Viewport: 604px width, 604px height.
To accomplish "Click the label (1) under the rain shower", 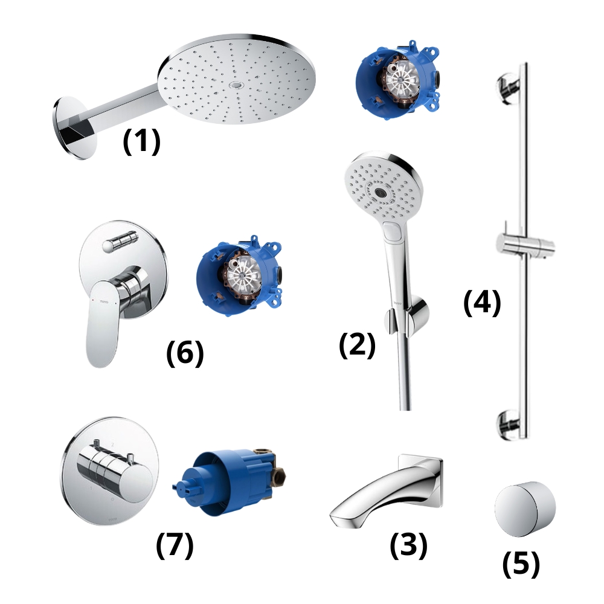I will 141,142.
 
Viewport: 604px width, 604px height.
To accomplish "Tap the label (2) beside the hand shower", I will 357,345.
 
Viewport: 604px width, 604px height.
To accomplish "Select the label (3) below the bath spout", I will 408,545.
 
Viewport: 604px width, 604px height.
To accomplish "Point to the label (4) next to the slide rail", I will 482,303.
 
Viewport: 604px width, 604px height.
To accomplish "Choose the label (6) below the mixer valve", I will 185,353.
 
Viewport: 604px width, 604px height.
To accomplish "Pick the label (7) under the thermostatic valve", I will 175,545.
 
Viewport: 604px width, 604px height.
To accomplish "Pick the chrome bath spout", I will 387,493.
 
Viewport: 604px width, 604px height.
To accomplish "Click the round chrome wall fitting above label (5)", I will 524,509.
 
